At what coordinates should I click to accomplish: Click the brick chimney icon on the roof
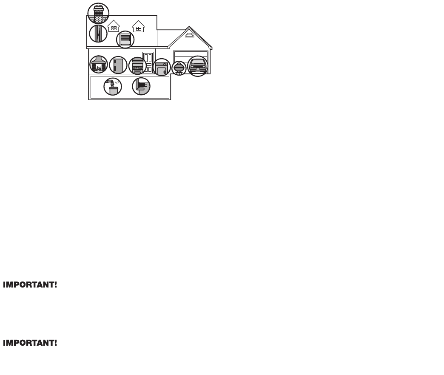98,13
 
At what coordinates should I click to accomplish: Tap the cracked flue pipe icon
98,34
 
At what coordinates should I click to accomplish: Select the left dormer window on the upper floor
114,27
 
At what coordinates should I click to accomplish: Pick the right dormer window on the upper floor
138,27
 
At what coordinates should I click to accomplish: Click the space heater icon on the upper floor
125,39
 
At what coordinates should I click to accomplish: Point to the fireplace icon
99,65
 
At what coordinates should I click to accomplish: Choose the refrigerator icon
118,65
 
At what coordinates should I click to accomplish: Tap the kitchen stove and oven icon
137,66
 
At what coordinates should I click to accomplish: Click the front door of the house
148,62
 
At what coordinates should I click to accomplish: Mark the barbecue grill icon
179,68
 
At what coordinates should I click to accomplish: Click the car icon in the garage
198,66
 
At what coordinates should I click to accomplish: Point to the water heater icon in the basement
113,87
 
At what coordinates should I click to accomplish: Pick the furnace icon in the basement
141,86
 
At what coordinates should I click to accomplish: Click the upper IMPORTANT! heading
30,285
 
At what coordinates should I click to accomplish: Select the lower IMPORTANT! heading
30,343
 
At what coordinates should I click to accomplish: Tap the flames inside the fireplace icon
99,68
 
